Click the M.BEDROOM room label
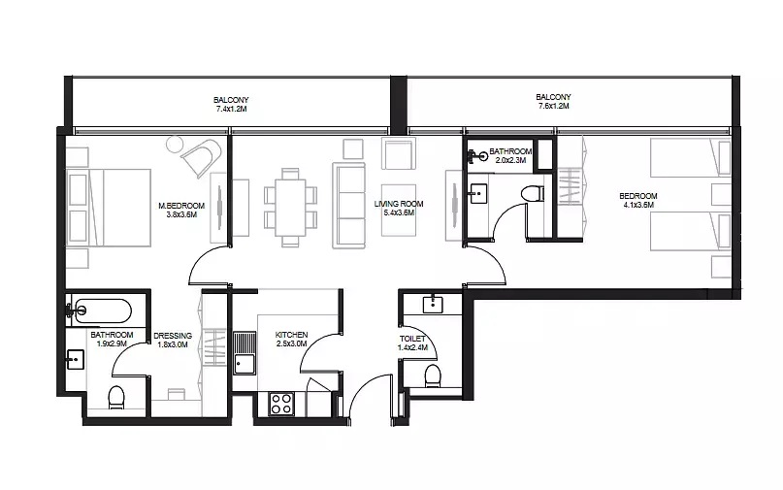(x=181, y=206)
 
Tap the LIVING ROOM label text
(x=399, y=204)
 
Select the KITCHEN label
(x=291, y=335)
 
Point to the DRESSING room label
(x=173, y=336)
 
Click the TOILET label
(x=412, y=339)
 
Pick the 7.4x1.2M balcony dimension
(x=231, y=109)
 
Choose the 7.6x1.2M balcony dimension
(x=553, y=106)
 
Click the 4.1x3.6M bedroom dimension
(x=638, y=205)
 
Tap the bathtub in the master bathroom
(x=101, y=310)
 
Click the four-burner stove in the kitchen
(x=281, y=404)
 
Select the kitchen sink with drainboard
(x=245, y=353)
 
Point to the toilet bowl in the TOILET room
(x=433, y=376)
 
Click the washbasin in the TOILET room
(x=433, y=305)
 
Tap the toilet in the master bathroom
(x=116, y=397)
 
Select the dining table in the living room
(x=290, y=208)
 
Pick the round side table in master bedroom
(x=175, y=145)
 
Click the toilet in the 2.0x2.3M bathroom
(x=533, y=194)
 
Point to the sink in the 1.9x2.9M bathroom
(x=76, y=359)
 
